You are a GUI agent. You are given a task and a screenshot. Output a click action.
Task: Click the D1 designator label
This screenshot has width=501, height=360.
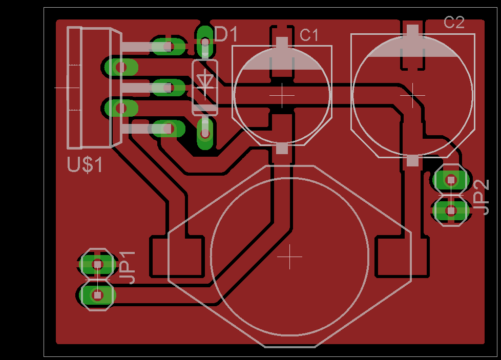pos(226,34)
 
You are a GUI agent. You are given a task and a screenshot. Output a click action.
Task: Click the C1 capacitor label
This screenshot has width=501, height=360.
pos(309,35)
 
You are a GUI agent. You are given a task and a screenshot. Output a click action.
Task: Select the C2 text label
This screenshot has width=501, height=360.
pos(454,23)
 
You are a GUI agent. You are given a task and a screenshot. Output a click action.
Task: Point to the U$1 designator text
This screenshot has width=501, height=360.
pos(85,165)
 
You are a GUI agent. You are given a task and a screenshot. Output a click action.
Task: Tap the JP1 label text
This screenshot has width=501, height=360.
pos(128,268)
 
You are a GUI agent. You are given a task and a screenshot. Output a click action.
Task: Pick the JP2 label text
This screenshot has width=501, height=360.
pos(481,197)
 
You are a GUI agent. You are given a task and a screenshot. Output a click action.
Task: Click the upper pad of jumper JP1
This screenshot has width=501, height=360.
pos(97,264)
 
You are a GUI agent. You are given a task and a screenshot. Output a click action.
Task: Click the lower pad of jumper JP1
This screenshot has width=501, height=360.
pos(97,295)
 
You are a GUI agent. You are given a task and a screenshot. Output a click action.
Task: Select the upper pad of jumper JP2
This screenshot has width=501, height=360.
pos(451,180)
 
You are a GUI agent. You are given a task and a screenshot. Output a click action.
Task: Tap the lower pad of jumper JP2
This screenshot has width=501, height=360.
pos(451,210)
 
